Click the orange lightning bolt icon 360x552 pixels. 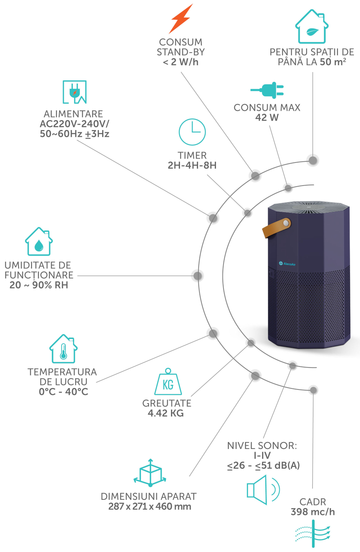(x=181, y=19)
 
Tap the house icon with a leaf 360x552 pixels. (x=312, y=27)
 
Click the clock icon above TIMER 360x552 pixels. (x=192, y=132)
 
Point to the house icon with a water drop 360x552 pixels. (x=39, y=241)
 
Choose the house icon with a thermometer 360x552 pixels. (x=63, y=348)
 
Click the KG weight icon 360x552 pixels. (x=168, y=382)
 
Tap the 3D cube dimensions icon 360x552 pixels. (x=150, y=473)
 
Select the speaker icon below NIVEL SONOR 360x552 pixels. (x=263, y=490)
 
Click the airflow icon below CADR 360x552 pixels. (x=313, y=534)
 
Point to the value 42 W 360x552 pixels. (x=267, y=117)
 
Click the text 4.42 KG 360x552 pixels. (x=166, y=413)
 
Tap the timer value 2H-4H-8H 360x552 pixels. (x=192, y=165)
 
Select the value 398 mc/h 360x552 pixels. (x=313, y=512)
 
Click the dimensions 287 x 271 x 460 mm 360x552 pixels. (x=150, y=506)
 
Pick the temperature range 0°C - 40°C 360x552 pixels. (x=63, y=392)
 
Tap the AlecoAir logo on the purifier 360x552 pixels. (x=287, y=264)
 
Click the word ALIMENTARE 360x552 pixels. (x=73, y=114)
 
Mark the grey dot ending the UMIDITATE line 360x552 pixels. (x=198, y=276)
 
